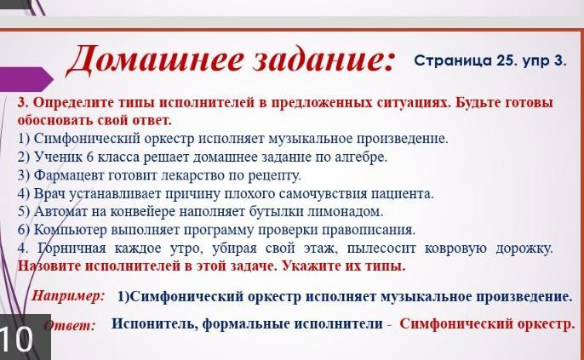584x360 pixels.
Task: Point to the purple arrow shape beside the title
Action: [26, 78]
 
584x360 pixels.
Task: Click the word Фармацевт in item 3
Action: [69, 175]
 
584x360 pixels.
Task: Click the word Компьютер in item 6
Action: [70, 230]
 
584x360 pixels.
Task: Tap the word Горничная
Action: [72, 249]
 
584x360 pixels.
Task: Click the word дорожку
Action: [524, 249]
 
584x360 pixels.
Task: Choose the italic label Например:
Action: [68, 296]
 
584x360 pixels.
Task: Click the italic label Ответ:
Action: [70, 325]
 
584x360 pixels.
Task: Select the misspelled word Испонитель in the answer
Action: [155, 323]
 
